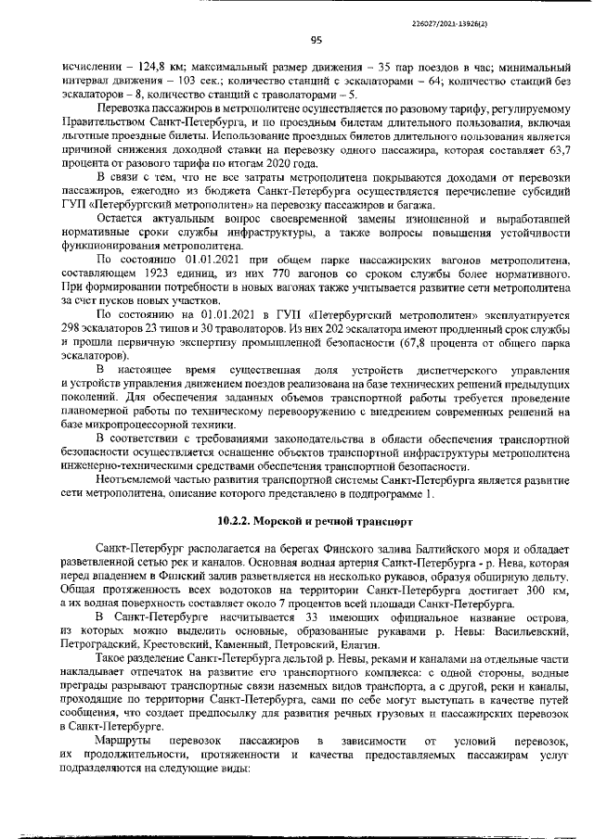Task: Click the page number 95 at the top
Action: tap(316, 39)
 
